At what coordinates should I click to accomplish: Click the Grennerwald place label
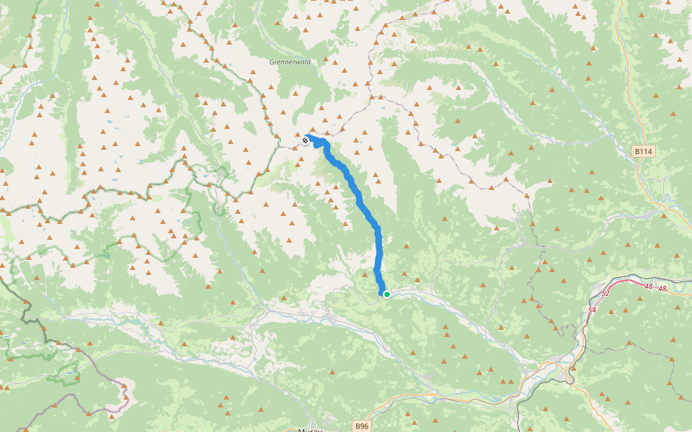290,62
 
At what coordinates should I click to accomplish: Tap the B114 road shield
643,151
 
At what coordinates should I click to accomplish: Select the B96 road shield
363,426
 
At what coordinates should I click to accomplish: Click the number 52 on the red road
605,294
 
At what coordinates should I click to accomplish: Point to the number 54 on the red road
593,309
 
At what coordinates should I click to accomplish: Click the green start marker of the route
387,294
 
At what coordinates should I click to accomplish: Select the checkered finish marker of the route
306,140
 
